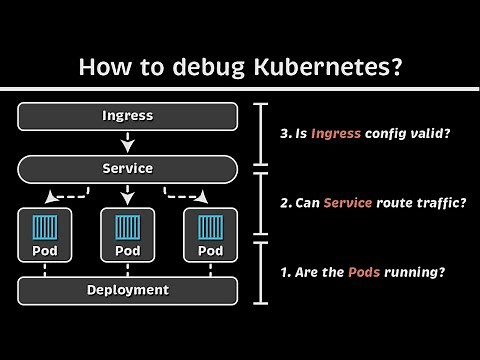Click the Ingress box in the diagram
pos(128,115)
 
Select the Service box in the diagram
pos(128,167)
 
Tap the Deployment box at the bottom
pos(128,290)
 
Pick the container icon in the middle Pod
pos(128,227)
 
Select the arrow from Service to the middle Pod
pos(128,194)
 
